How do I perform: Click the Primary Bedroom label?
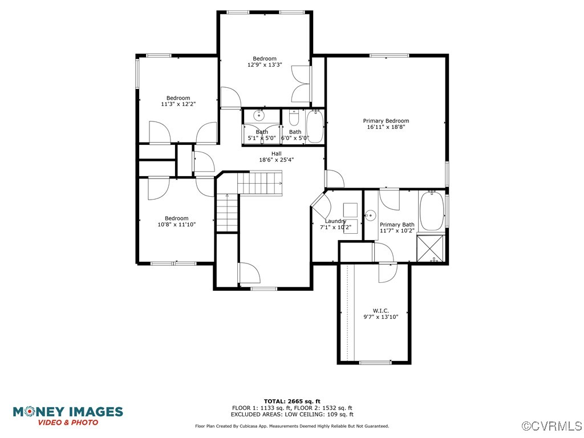pos(386,121)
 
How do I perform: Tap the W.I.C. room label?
pos(380,311)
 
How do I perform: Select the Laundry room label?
pos(335,221)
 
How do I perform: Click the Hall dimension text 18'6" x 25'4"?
pos(276,160)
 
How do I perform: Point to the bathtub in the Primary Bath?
pos(432,212)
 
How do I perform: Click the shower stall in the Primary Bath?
pos(432,248)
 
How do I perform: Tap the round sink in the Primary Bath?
pos(370,215)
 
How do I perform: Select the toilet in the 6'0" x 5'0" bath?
pos(294,118)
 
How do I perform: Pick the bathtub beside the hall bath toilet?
pos(315,126)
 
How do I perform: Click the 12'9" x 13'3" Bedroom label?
pos(265,59)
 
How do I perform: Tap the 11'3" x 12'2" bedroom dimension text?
pos(178,104)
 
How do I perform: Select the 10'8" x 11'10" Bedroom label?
pos(176,218)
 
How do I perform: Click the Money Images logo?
pos(68,415)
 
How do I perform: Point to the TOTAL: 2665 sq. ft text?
pos(291,401)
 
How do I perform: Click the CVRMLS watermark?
pos(552,426)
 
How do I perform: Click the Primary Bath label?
pos(397,225)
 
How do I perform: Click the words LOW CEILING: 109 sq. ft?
pos(327,415)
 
